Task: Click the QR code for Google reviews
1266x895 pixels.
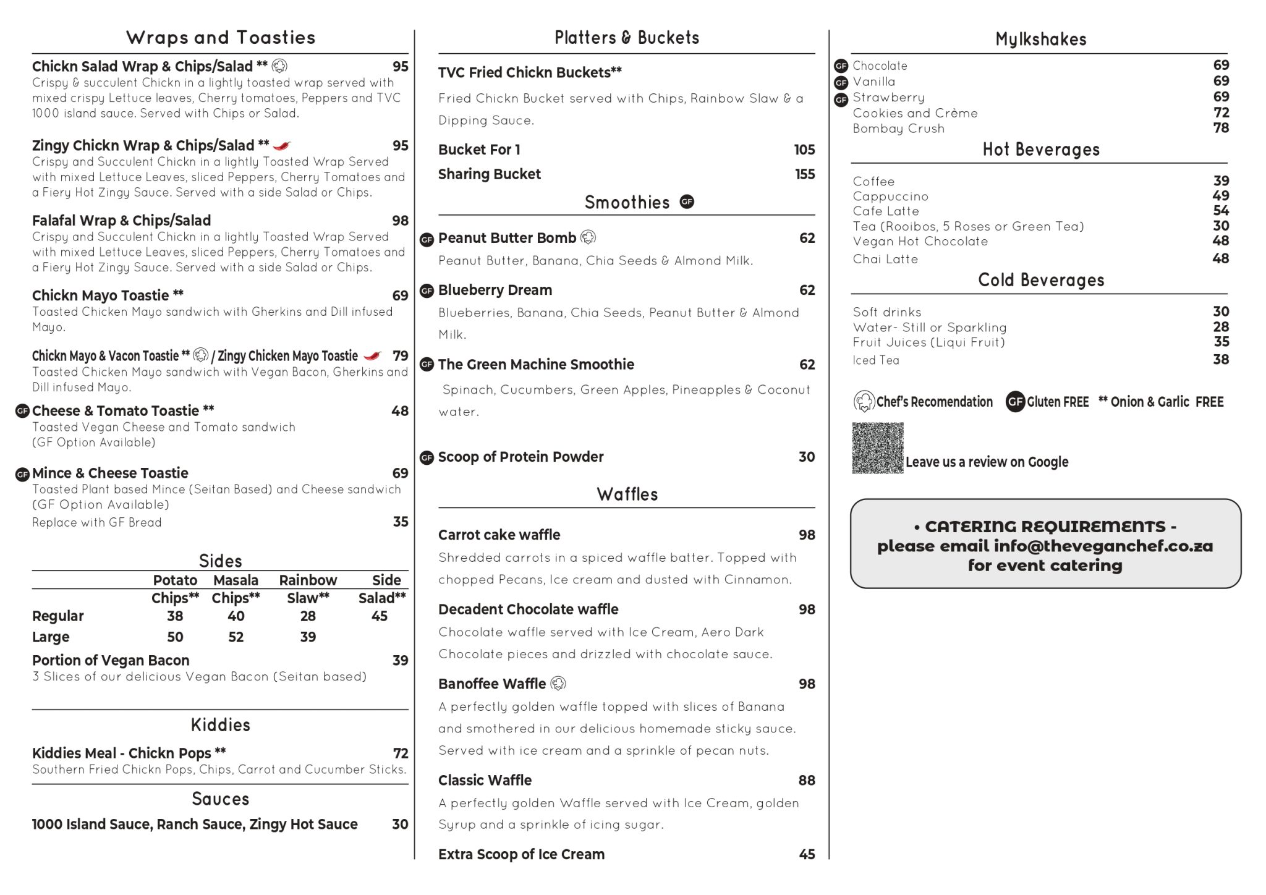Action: click(x=877, y=448)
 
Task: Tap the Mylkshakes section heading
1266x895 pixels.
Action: click(x=1040, y=40)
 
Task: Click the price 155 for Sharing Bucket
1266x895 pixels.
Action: click(x=805, y=174)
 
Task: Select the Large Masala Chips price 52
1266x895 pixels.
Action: click(x=236, y=637)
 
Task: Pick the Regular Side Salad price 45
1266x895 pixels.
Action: click(x=379, y=616)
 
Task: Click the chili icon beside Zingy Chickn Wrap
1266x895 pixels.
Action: click(x=282, y=146)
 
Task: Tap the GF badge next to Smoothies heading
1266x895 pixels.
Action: click(x=687, y=201)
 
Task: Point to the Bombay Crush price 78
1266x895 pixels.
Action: click(x=1221, y=128)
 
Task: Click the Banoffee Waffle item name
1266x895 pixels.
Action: click(x=492, y=684)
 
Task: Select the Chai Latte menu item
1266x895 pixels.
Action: click(x=885, y=259)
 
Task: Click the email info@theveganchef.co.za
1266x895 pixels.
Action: click(x=1103, y=546)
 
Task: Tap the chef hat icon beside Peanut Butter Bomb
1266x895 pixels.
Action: click(x=588, y=237)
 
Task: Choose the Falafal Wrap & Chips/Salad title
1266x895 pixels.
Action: click(x=121, y=221)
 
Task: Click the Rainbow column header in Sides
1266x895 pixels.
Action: click(x=308, y=580)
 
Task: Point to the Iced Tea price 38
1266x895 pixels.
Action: click(x=1221, y=360)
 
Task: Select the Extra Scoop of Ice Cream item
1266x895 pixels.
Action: click(x=521, y=854)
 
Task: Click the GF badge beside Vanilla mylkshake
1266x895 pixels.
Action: click(x=841, y=82)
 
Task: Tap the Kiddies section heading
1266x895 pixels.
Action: click(x=220, y=725)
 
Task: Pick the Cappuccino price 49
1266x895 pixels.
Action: click(x=1221, y=196)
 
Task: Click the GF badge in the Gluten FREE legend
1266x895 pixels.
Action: click(x=1015, y=402)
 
